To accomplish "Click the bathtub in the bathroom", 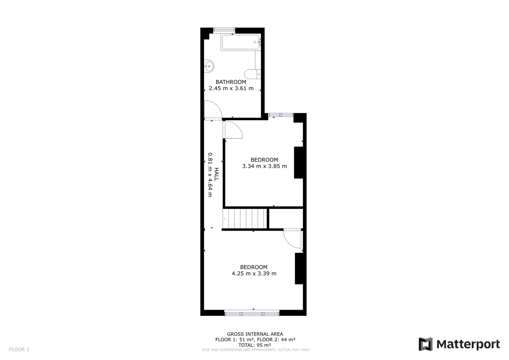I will (x=241, y=42).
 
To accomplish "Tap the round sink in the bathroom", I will (x=209, y=66).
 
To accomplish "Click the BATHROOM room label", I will (x=231, y=82).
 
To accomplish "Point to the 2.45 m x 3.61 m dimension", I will (x=231, y=89).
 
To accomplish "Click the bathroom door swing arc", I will (x=213, y=110).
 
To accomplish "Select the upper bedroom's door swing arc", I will (x=233, y=130).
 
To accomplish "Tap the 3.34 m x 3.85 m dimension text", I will (x=264, y=166).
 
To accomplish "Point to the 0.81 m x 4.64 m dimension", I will (x=210, y=174).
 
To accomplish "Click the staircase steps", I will (x=245, y=218).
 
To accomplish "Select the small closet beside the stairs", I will (x=286, y=218).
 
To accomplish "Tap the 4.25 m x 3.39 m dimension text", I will (x=254, y=274).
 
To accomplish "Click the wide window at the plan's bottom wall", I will (x=252, y=313).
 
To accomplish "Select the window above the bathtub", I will (x=224, y=30).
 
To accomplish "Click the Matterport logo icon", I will (x=425, y=344).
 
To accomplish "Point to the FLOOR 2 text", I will (x=19, y=349).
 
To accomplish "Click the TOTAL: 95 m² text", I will (x=255, y=345).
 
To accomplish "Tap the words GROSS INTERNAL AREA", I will (x=255, y=334).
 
